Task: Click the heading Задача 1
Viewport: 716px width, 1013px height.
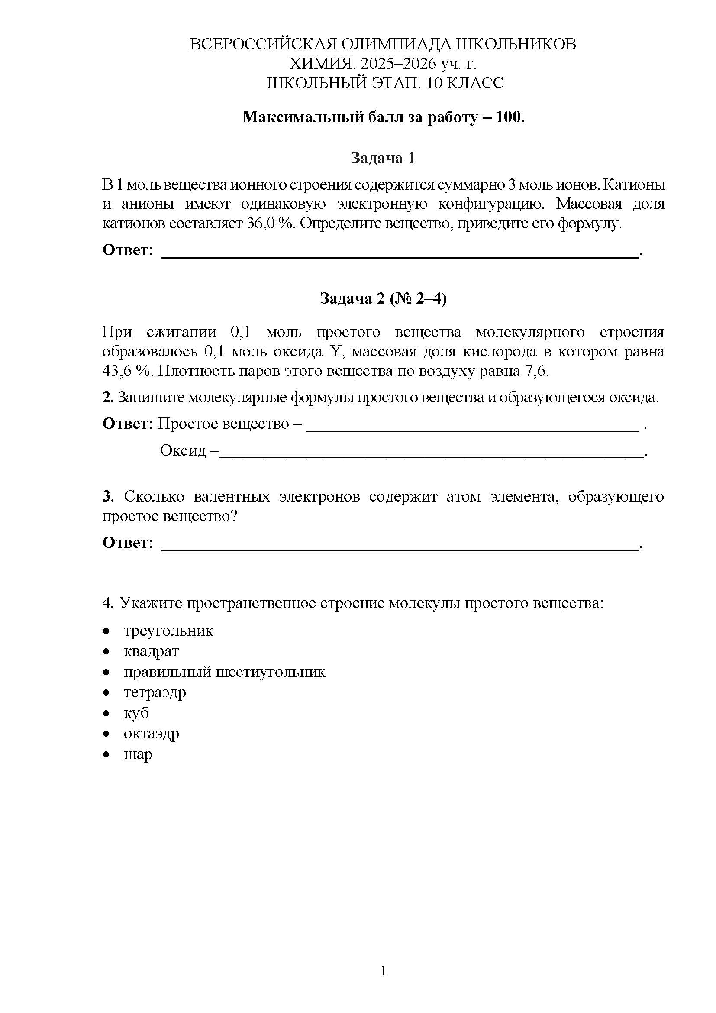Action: click(383, 158)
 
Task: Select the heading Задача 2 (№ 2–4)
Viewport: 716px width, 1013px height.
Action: click(383, 299)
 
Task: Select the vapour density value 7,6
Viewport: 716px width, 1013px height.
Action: click(535, 371)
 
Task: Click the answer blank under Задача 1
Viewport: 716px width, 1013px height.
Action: click(400, 253)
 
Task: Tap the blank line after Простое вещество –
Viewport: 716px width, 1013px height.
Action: click(472, 427)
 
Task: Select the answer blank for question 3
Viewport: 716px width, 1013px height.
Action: click(400, 546)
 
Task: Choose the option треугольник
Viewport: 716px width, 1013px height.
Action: click(168, 631)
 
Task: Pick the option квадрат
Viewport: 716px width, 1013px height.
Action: click(151, 651)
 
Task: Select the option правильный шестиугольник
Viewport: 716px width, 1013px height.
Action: click(224, 672)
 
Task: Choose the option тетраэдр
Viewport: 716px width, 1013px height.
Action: click(155, 692)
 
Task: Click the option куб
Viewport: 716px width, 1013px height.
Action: click(136, 713)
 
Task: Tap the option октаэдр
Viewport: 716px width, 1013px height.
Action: click(151, 733)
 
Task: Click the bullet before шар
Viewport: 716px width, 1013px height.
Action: click(106, 755)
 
